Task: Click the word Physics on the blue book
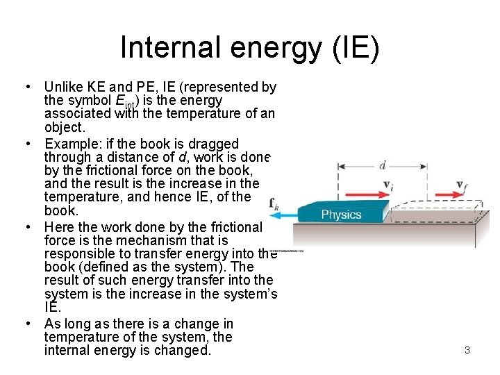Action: click(341, 215)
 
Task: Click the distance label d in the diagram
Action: click(382, 165)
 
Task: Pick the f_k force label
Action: click(274, 204)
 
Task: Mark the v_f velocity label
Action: click(461, 185)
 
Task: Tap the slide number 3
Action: click(467, 351)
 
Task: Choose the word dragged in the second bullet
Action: click(214, 144)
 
